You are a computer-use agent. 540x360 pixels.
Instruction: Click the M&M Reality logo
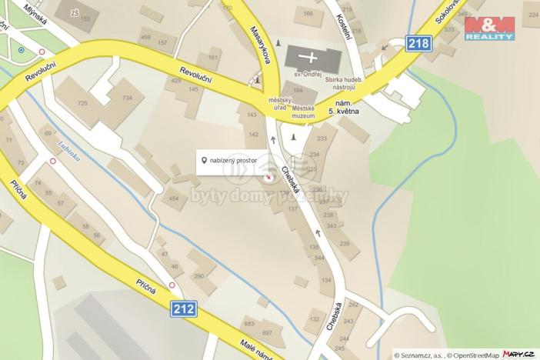click(x=489, y=27)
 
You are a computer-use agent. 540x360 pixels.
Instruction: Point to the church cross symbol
click(x=311, y=56)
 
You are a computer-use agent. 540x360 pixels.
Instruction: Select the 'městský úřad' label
click(x=278, y=104)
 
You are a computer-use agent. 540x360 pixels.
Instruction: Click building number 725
click(x=83, y=102)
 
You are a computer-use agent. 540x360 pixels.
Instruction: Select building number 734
click(x=127, y=98)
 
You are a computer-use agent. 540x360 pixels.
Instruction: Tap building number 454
click(x=174, y=198)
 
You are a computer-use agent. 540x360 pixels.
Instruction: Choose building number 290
click(x=199, y=275)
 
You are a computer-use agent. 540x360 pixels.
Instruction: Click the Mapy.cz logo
click(x=518, y=353)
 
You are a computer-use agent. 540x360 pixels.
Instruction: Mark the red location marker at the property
click(x=268, y=178)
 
